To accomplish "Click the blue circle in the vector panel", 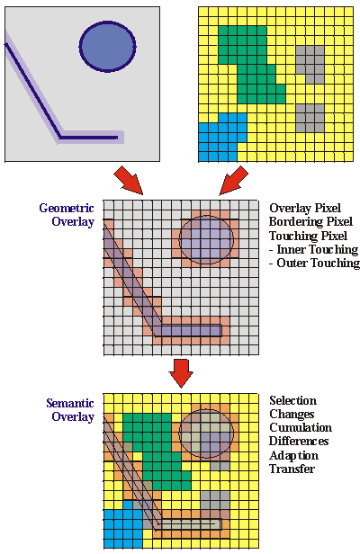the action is tap(107, 46).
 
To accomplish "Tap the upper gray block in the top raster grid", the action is tap(310, 65).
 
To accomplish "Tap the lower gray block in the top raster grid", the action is tap(310, 118).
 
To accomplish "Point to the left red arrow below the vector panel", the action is tap(129, 180).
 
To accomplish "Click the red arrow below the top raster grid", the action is tap(233, 180).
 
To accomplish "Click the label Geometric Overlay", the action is tap(67, 214).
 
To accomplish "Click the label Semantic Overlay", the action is tap(70, 410).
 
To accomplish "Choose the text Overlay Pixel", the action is tap(305, 208).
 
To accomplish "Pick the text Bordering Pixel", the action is tap(310, 221).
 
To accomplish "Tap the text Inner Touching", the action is tap(318, 249).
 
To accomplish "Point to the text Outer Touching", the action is tap(319, 263).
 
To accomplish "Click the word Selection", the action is tap(292, 400).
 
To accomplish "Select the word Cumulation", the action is tap(301, 427).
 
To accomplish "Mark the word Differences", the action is tap(299, 441).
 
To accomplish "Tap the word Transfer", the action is tap(292, 469).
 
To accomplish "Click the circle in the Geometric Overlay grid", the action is tap(206, 239).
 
